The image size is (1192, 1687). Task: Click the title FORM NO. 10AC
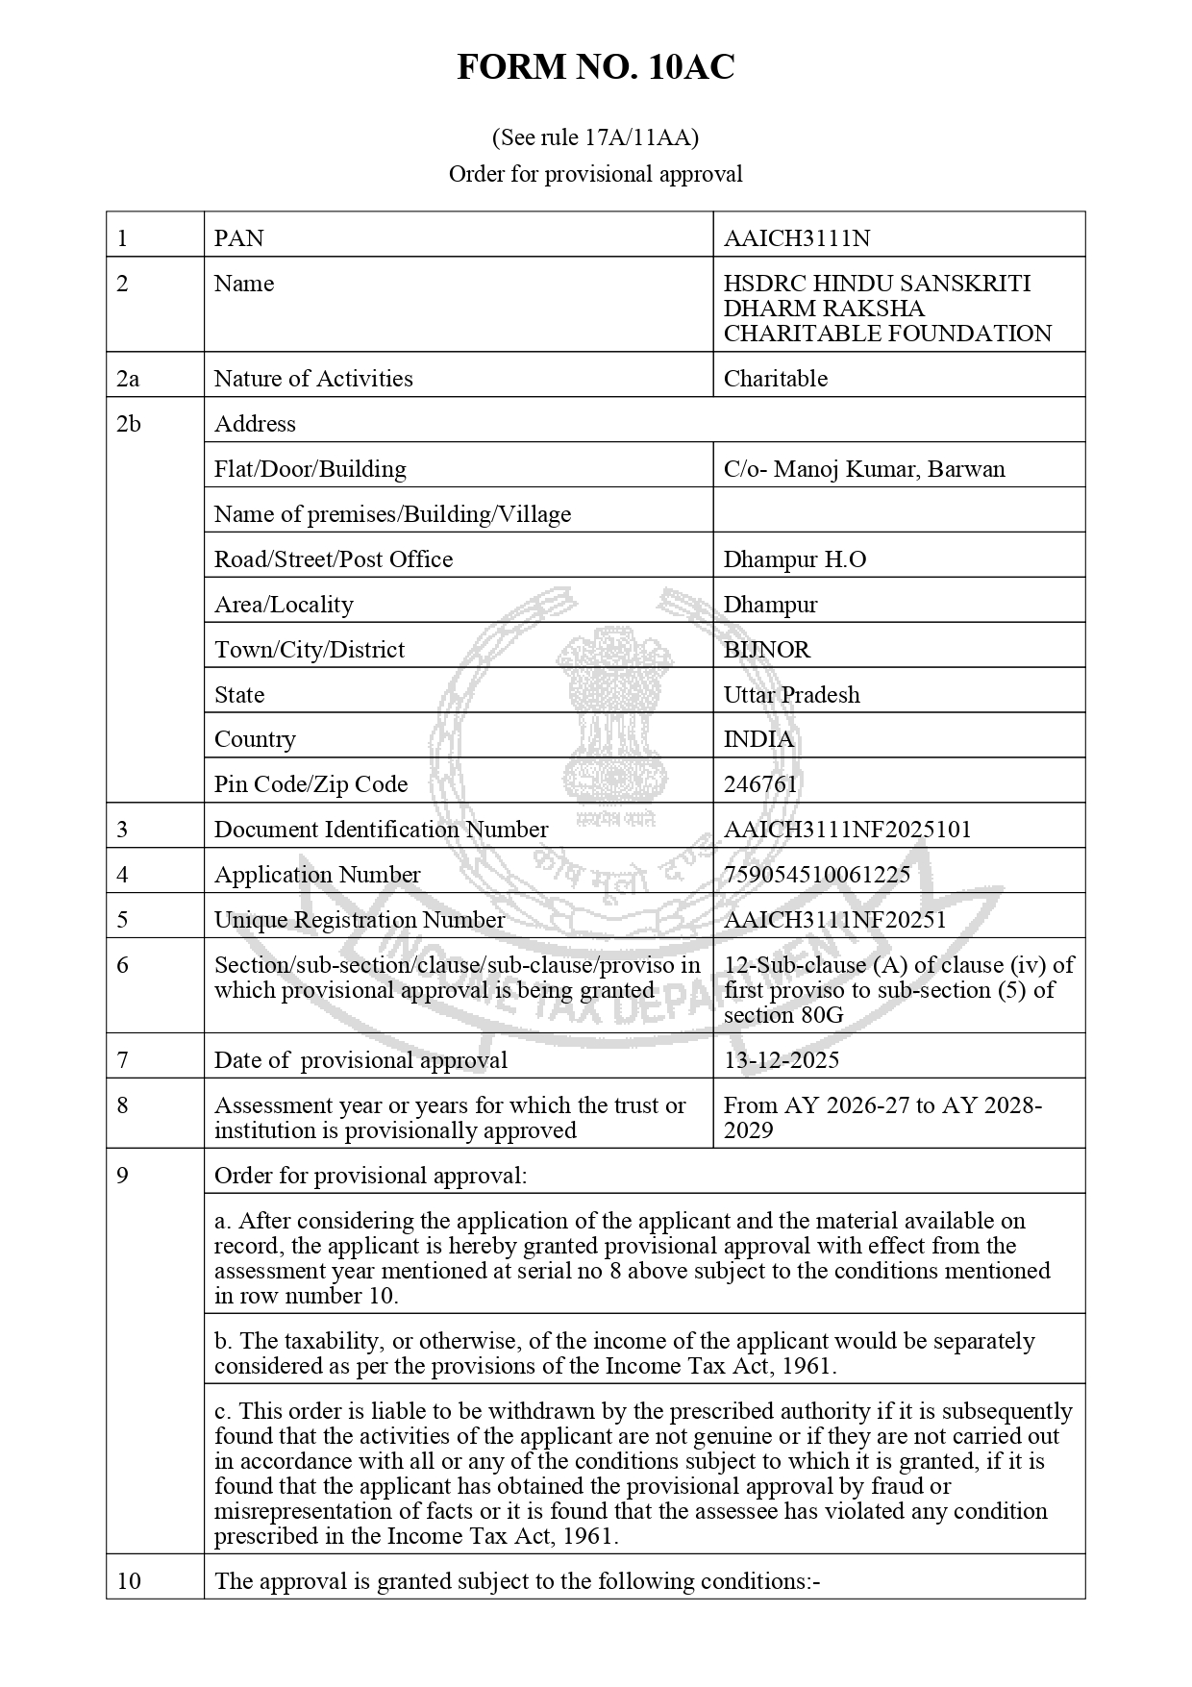pyautogui.click(x=595, y=67)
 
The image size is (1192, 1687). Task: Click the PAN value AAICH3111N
pyautogui.click(x=797, y=237)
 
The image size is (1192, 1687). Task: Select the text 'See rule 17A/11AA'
pyautogui.click(x=595, y=137)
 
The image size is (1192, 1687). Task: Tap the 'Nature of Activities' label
pyautogui.click(x=313, y=378)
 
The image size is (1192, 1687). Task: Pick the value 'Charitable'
pyautogui.click(x=775, y=378)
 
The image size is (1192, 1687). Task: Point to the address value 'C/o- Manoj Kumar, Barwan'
pyautogui.click(x=864, y=468)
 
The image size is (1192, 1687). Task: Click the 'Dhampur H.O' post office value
pyautogui.click(x=795, y=558)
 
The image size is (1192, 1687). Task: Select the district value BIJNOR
pyautogui.click(x=767, y=649)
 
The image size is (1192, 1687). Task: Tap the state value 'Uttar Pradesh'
pyautogui.click(x=791, y=694)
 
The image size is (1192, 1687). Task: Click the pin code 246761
pyautogui.click(x=760, y=783)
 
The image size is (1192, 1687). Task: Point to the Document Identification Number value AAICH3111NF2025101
pyautogui.click(x=847, y=829)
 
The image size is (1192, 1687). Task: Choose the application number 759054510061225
pyautogui.click(x=816, y=874)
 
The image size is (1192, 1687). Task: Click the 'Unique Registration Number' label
pyautogui.click(x=359, y=919)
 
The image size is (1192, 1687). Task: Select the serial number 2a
pyautogui.click(x=128, y=378)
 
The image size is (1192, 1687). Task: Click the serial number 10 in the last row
pyautogui.click(x=128, y=1580)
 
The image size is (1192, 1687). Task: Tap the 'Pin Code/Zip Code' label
pyautogui.click(x=310, y=783)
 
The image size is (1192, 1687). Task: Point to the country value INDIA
pyautogui.click(x=758, y=738)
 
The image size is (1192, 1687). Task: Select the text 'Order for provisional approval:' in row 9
pyautogui.click(x=370, y=1175)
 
